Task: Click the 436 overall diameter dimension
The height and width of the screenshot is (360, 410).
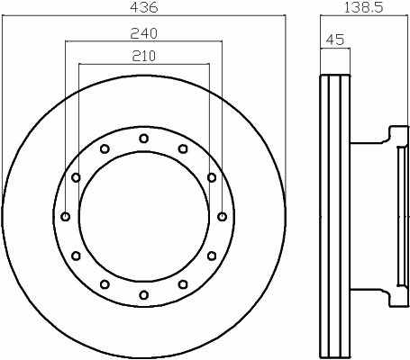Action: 143,7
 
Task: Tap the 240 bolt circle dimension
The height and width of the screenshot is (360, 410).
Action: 143,33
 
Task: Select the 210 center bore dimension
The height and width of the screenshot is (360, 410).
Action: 143,56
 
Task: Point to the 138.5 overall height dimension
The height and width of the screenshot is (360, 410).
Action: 363,7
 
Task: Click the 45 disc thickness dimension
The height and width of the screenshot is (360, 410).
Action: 335,40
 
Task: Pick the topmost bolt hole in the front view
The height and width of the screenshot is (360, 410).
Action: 144,139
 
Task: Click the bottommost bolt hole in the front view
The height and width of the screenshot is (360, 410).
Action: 144,295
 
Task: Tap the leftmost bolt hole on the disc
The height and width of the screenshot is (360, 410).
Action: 66,217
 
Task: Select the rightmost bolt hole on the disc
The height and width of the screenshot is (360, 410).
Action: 222,217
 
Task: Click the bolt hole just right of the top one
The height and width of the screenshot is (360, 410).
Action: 183,148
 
